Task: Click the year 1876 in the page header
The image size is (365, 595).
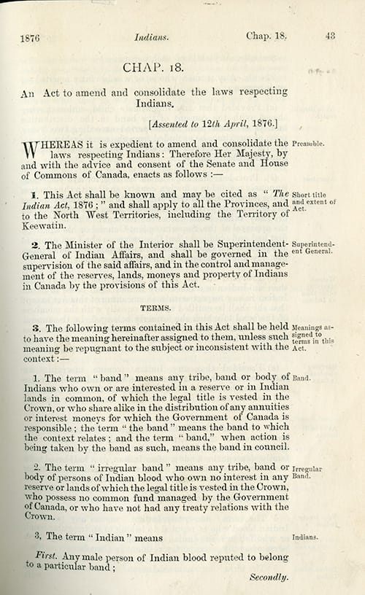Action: [30, 36]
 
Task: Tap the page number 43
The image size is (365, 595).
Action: [330, 34]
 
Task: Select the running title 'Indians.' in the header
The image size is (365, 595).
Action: [152, 35]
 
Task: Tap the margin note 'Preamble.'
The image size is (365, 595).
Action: [307, 144]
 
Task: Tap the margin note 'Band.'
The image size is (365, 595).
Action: [301, 378]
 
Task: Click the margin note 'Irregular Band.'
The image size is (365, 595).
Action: [307, 471]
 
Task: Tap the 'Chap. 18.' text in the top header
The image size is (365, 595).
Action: [269, 34]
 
